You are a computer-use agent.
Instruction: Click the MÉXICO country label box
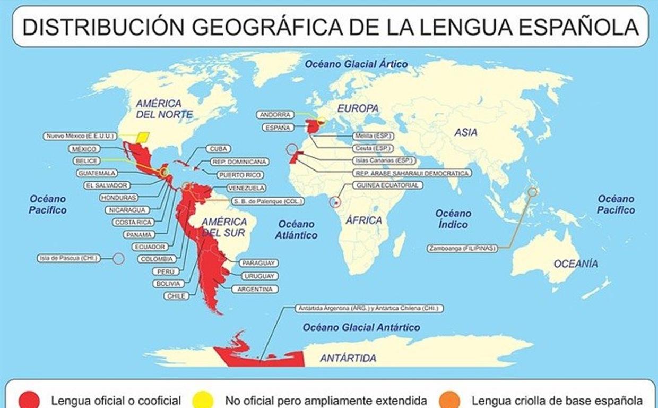tap(84, 149)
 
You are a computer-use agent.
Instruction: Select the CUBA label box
tap(217, 149)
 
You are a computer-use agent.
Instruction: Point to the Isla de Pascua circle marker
tap(118, 259)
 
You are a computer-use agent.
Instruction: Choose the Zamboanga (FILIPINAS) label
tap(462, 248)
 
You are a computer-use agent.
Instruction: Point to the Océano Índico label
tap(453, 219)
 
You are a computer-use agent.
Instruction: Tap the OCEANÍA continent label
tap(575, 263)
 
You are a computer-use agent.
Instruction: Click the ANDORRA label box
tap(275, 115)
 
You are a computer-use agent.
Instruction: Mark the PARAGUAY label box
tap(258, 263)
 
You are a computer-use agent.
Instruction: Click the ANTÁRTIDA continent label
tap(348, 358)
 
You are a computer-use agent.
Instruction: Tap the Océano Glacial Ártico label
tap(356, 64)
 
